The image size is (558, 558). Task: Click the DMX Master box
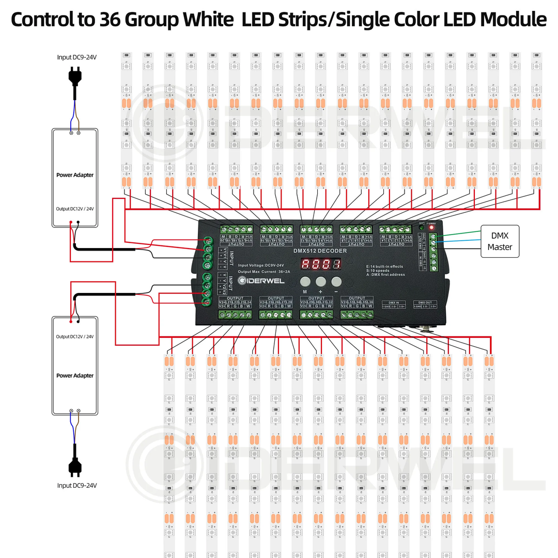500,241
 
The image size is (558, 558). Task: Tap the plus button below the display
321,282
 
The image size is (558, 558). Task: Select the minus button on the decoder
337,282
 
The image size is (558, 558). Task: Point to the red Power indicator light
431,228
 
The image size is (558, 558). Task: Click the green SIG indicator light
421,228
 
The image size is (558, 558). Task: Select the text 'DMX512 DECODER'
320,251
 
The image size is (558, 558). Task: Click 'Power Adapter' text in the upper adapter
75,175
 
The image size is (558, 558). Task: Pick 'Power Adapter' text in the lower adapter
75,376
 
